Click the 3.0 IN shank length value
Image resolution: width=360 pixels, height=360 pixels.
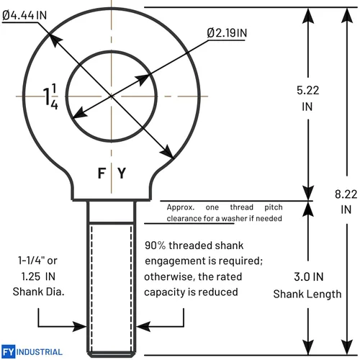308,276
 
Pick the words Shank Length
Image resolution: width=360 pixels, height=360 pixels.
307,294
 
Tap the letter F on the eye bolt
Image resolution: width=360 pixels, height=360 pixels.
102,173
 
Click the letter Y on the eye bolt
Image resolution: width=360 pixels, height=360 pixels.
122,173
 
